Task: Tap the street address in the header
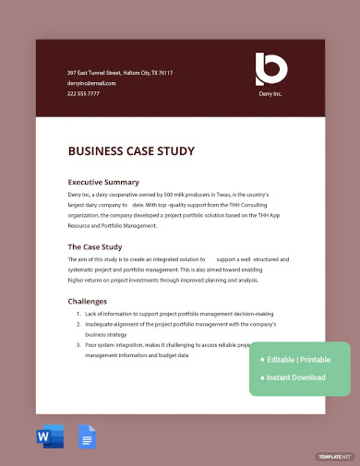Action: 120,73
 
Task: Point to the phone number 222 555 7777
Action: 83,93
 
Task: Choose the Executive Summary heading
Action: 103,182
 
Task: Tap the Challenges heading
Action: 88,301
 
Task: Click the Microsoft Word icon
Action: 51,436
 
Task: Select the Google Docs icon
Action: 87,436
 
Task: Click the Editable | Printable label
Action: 299,359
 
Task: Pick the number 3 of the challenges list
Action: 78,344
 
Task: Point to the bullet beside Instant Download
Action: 262,377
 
